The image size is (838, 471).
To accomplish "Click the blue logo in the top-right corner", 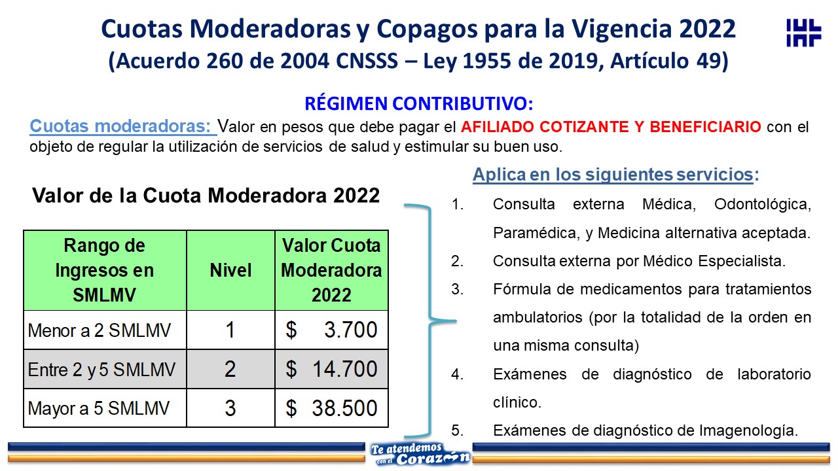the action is [x=803, y=33].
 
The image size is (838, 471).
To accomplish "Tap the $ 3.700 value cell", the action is [x=331, y=330].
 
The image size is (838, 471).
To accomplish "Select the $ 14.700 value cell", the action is [x=331, y=369].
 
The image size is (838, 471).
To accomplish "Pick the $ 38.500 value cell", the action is [x=331, y=408].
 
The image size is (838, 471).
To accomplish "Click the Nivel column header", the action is [x=230, y=270].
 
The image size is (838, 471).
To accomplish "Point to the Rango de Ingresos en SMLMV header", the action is [x=105, y=270].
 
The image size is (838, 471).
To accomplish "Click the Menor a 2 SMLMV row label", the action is [x=99, y=330].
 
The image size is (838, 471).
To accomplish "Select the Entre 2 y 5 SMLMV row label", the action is [x=101, y=370].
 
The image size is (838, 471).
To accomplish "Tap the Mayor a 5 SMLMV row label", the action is [x=99, y=408].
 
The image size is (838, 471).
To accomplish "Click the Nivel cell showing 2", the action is [x=230, y=369].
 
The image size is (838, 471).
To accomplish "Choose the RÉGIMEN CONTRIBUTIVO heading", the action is [x=418, y=103].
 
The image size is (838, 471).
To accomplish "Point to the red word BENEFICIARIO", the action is [x=705, y=127].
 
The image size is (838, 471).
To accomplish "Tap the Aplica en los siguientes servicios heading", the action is [x=616, y=174].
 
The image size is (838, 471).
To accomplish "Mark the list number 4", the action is [x=457, y=374].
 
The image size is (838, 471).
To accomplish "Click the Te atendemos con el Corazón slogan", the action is [x=420, y=454].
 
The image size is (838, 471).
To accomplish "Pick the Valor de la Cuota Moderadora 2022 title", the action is [x=206, y=195].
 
